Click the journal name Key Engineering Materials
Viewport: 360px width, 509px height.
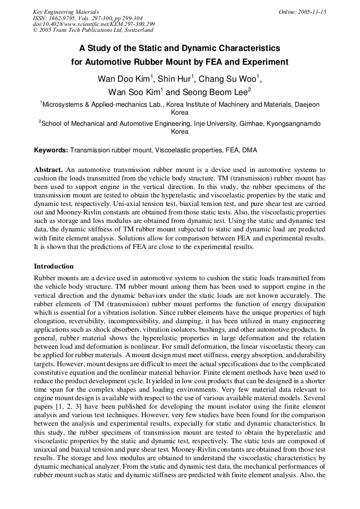point(66,12)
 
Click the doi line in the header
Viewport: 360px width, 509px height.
point(94,24)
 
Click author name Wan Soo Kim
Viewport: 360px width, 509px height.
point(134,91)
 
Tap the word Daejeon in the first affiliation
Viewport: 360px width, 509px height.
point(305,105)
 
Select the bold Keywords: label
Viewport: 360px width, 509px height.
point(51,150)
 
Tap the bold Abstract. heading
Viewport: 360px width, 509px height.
point(48,169)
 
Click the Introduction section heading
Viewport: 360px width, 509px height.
point(54,266)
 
